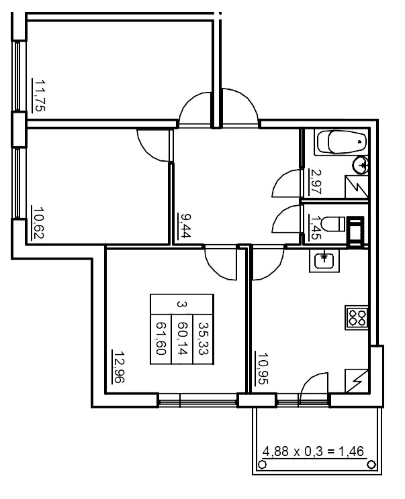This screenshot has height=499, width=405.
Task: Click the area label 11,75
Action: (39, 96)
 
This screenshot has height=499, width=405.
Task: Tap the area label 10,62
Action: (38, 223)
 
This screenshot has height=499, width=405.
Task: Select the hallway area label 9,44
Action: (183, 227)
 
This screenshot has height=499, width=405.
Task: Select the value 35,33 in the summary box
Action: (202, 337)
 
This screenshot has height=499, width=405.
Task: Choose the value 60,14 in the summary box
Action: (181, 337)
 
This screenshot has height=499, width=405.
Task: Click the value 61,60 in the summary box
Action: (161, 337)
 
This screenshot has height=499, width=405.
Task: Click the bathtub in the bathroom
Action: (343, 142)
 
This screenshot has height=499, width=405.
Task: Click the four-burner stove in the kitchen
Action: (357, 317)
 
